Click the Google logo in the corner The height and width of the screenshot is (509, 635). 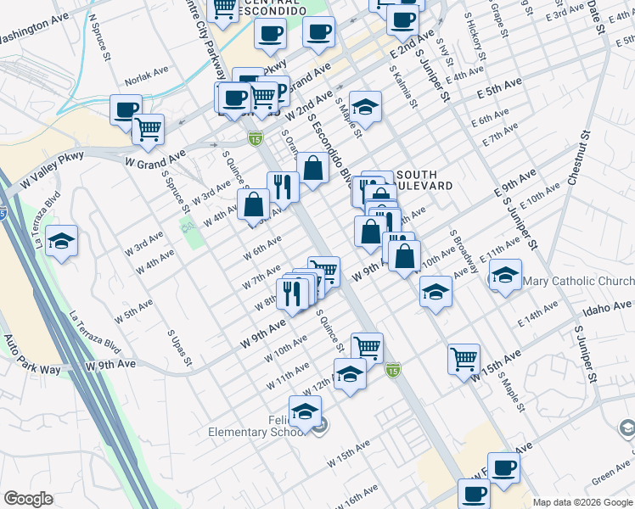[29, 499]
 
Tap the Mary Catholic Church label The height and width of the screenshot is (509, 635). [578, 281]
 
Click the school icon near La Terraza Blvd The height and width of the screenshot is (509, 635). [62, 241]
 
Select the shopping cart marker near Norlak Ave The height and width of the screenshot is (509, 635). [149, 129]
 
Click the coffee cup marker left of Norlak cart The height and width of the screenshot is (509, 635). [126, 109]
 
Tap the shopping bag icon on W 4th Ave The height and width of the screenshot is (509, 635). [254, 204]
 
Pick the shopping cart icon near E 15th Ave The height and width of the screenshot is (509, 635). [464, 358]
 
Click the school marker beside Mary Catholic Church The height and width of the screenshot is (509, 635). [505, 275]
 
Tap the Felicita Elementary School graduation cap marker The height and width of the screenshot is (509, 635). [305, 411]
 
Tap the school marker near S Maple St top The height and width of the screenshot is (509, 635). [365, 105]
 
